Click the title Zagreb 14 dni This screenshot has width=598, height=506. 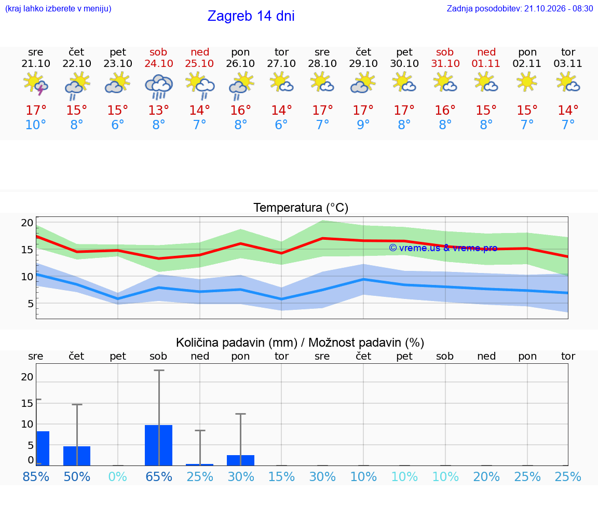(251, 16)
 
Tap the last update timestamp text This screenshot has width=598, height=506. (520, 8)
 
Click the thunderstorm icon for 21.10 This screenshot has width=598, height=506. (35, 83)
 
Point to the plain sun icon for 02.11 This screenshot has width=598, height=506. (527, 81)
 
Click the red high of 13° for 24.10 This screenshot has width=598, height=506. (159, 110)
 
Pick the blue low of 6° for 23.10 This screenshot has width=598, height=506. (117, 125)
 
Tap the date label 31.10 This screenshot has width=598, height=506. (445, 63)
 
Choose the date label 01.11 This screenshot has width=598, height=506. (486, 63)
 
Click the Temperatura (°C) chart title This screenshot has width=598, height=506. (301, 208)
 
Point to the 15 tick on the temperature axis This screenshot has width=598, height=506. (27, 250)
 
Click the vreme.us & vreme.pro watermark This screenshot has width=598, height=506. (443, 248)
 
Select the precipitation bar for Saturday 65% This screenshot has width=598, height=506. (159, 445)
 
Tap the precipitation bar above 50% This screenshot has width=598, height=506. (77, 456)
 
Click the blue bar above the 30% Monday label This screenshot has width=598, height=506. (241, 460)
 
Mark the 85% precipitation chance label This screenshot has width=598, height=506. (36, 476)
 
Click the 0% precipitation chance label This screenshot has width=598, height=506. (117, 476)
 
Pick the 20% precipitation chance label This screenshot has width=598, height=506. (486, 476)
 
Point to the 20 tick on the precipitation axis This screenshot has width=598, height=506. (27, 377)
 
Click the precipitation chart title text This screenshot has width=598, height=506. (300, 343)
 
